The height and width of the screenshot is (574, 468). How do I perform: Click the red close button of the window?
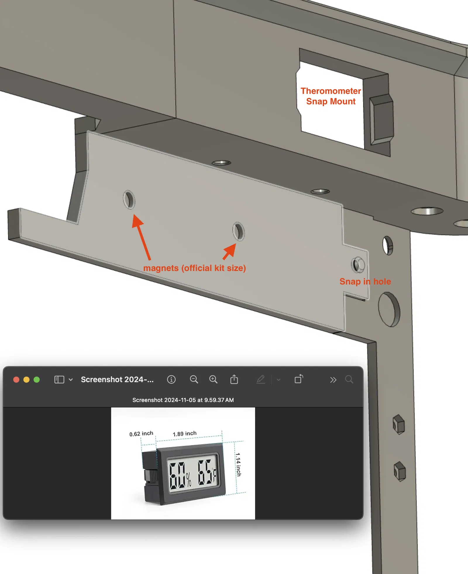16,380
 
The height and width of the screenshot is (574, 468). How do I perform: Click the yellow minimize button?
26,380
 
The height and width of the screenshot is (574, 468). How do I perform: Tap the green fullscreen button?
37,380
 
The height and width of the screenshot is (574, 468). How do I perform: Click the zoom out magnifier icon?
194,380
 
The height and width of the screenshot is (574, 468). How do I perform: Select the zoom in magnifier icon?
214,380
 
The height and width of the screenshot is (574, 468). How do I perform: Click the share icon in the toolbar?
234,379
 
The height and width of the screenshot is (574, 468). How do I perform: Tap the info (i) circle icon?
171,380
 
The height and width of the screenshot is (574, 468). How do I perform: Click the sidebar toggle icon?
59,380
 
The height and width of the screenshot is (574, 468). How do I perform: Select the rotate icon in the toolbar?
299,379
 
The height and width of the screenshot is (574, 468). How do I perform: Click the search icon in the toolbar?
349,380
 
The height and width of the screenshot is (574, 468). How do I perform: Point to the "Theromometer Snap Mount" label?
331,96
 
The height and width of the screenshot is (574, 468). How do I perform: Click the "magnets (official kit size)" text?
195,268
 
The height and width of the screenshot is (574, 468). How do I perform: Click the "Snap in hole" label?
365,282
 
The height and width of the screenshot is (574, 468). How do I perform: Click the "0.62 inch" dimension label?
141,434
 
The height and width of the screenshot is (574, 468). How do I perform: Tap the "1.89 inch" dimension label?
185,434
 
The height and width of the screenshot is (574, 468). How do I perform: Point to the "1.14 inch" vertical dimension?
238,465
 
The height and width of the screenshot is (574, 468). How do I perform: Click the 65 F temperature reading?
207,472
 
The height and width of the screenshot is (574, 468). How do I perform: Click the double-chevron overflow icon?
333,380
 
